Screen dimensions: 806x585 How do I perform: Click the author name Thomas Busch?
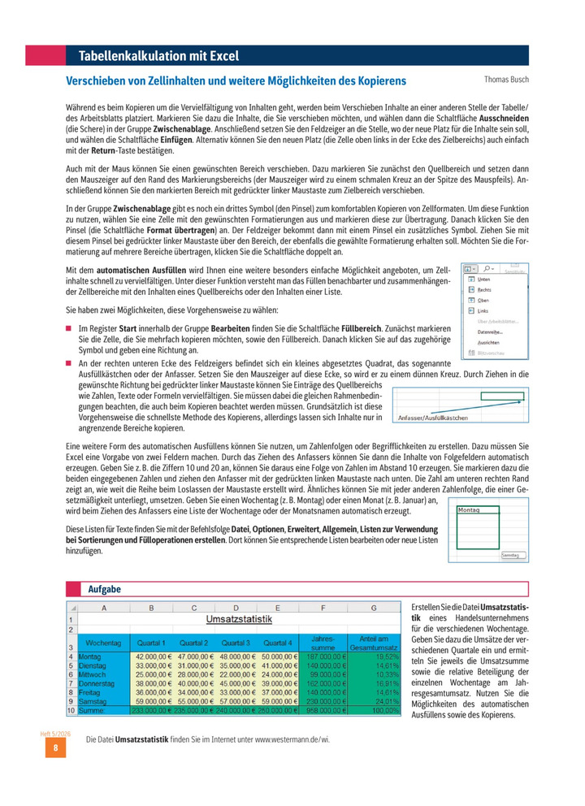506,80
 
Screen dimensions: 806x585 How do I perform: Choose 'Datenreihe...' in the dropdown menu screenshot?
490,331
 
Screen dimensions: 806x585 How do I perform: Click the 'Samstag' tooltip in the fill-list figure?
509,554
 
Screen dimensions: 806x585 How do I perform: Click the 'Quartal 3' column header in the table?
236,642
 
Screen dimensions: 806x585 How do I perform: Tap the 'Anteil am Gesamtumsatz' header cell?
373,641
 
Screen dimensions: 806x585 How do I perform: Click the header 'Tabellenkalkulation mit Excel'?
158,55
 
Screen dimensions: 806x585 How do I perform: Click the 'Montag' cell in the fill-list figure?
470,510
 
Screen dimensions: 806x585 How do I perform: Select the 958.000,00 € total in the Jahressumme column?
323,710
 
